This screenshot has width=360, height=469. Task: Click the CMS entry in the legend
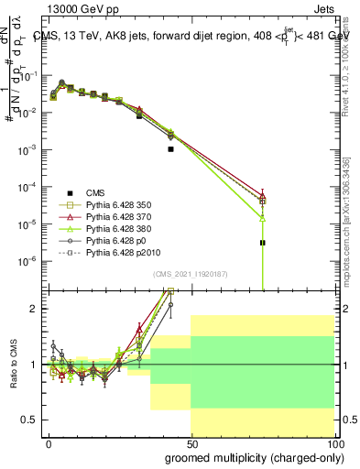95,191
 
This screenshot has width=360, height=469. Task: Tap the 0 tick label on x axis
49,442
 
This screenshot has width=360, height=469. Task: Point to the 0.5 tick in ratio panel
27,420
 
